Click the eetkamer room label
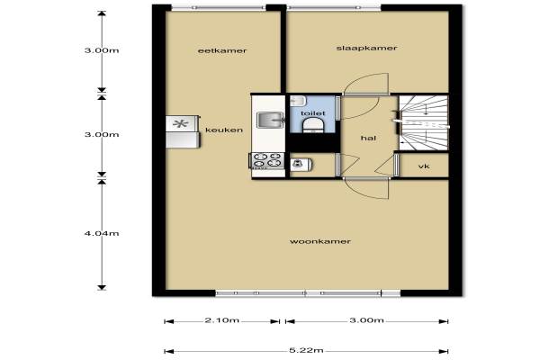coord(222,50)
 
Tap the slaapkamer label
coord(366,48)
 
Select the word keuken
coord(224,130)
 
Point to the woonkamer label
coord(320,241)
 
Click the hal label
coord(368,138)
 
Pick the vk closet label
coord(424,166)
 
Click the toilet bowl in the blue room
coord(312,125)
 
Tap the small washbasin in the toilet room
coord(298,101)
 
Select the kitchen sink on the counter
coord(270,120)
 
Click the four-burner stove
coord(267,160)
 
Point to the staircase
coord(424,123)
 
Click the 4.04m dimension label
coord(102,233)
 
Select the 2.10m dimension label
coord(221,320)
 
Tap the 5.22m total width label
coord(306,350)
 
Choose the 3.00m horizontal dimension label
coord(366,320)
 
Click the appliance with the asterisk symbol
coord(182,123)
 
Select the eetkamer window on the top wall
coord(219,7)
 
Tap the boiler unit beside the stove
coord(301,165)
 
